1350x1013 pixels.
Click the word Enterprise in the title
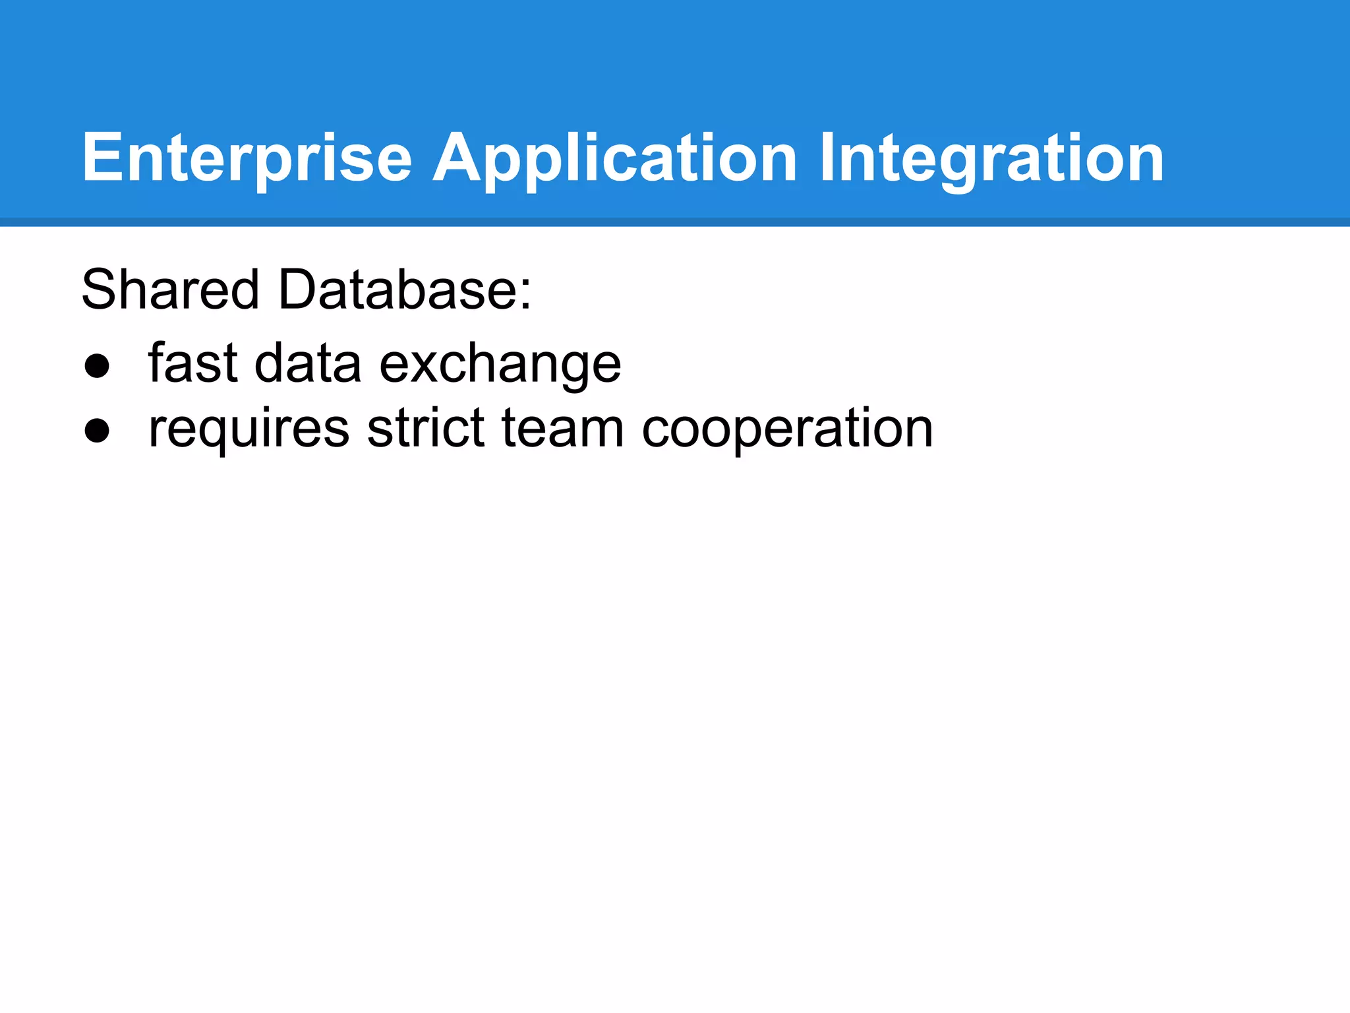(x=247, y=158)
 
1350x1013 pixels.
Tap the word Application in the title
(x=614, y=158)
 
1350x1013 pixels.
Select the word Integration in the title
(x=991, y=158)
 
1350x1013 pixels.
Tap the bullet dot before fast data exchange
(x=97, y=365)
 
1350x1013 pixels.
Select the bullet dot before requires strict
(x=97, y=430)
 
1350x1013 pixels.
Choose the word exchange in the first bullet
(x=500, y=364)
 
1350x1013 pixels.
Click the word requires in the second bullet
(x=249, y=429)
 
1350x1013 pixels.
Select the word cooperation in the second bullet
(x=787, y=429)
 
